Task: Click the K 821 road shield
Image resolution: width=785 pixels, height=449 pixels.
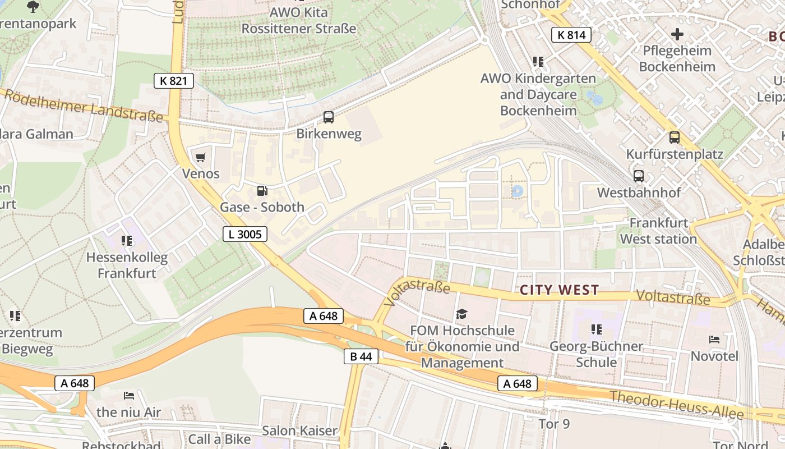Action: [174, 81]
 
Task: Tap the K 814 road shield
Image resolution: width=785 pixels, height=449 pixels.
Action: [571, 35]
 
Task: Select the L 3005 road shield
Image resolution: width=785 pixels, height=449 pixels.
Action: [245, 234]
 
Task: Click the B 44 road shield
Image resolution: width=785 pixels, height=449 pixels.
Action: [361, 356]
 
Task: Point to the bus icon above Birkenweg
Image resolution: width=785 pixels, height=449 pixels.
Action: [329, 117]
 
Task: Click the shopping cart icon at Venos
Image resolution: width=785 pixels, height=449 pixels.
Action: [201, 157]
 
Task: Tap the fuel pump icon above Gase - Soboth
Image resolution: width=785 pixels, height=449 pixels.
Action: [262, 191]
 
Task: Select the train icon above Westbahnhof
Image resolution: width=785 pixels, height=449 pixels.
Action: [638, 176]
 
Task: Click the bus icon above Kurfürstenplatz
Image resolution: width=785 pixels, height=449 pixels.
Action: [674, 137]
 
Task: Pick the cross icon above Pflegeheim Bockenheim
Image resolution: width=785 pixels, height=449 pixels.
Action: [677, 34]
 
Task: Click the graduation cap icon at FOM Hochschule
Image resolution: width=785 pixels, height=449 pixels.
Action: [461, 314]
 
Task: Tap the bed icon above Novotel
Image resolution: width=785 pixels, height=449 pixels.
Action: [714, 340]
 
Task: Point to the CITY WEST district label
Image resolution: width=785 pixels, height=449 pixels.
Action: [559, 290]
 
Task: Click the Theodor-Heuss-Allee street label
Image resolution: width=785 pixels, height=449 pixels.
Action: [677, 406]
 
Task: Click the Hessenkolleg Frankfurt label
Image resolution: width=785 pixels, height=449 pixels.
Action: [127, 265]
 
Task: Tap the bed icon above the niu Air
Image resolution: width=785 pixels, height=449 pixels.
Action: [129, 396]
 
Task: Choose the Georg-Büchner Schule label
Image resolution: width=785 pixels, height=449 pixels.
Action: [596, 354]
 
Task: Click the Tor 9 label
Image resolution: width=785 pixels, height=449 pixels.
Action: [553, 424]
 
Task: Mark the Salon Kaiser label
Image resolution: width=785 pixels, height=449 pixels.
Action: [300, 431]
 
